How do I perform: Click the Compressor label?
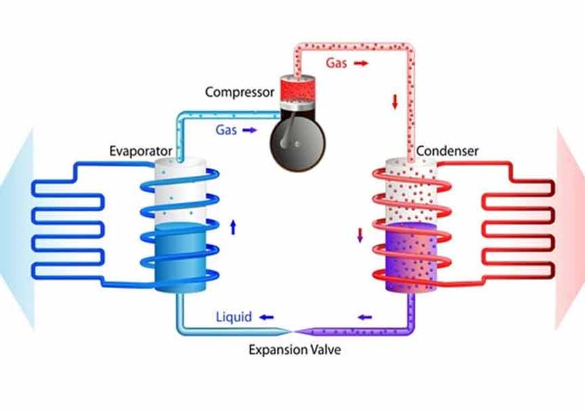(x=239, y=91)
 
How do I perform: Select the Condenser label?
(x=447, y=151)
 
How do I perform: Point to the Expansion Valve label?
(x=294, y=350)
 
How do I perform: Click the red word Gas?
(x=338, y=64)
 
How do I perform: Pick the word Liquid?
(x=234, y=317)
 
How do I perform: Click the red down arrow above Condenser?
(x=395, y=103)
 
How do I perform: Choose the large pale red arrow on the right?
(x=569, y=230)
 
